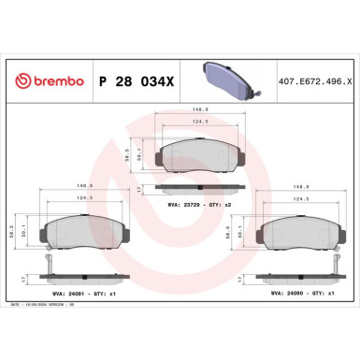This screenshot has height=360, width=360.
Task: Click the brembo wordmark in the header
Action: (x=53, y=82)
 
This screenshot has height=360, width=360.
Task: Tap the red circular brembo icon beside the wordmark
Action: (x=15, y=82)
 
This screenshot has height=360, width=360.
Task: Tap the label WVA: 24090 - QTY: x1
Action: (x=298, y=293)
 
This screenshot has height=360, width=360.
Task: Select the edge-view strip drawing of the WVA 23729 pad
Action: (x=193, y=189)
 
